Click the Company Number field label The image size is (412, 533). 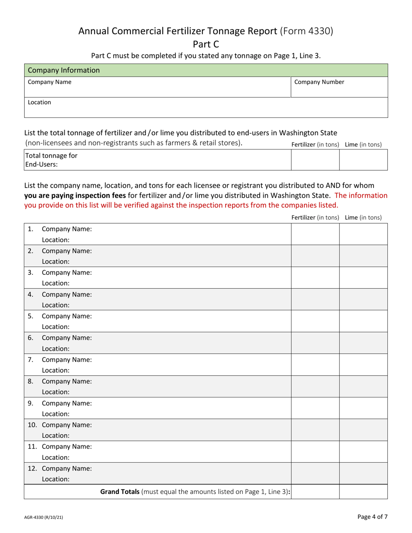tap(319, 82)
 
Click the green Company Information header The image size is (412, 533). tap(206, 70)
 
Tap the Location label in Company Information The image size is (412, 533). tap(39, 102)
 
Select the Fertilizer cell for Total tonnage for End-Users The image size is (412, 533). tap(315, 160)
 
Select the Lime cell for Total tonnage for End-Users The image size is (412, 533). tap(363, 160)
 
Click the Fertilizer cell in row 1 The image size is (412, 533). tap(315, 234)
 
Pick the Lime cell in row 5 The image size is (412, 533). tap(363, 321)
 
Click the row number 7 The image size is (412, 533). tap(30, 359)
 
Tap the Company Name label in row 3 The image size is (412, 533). tap(66, 273)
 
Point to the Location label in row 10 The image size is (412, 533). tap(56, 435)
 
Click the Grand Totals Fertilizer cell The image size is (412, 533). tap(315, 492)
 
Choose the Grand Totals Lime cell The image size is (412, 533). tap(363, 492)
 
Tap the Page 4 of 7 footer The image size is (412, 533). tap(373, 517)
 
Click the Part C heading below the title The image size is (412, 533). tap(206, 44)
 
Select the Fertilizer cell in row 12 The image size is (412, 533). tap(315, 473)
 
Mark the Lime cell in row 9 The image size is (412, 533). tap(363, 408)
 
